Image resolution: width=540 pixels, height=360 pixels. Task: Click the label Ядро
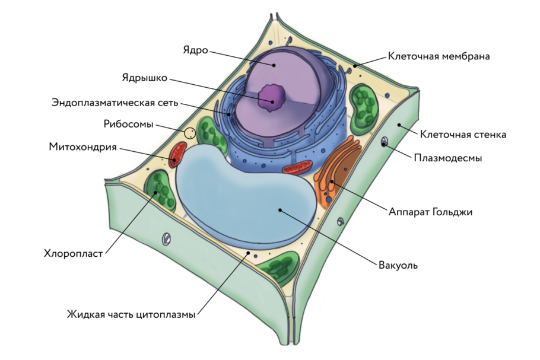click(196, 50)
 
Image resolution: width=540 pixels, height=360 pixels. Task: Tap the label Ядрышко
click(145, 78)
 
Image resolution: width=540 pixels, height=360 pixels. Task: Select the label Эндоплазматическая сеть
click(114, 102)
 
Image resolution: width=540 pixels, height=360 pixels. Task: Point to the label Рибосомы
click(128, 125)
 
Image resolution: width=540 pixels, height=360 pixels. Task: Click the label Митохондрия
click(82, 147)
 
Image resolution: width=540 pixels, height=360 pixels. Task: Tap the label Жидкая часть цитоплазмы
click(131, 314)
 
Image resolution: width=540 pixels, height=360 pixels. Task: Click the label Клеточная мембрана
click(439, 57)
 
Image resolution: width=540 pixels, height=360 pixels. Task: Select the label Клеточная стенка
click(463, 135)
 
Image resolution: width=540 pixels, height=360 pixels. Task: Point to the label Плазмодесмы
click(447, 158)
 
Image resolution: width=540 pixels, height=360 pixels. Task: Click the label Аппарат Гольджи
click(430, 212)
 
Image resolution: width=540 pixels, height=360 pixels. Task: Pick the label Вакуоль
click(398, 265)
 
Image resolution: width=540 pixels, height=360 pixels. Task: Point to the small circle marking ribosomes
click(190, 133)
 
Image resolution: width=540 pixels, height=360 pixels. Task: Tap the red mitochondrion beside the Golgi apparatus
click(296, 169)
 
